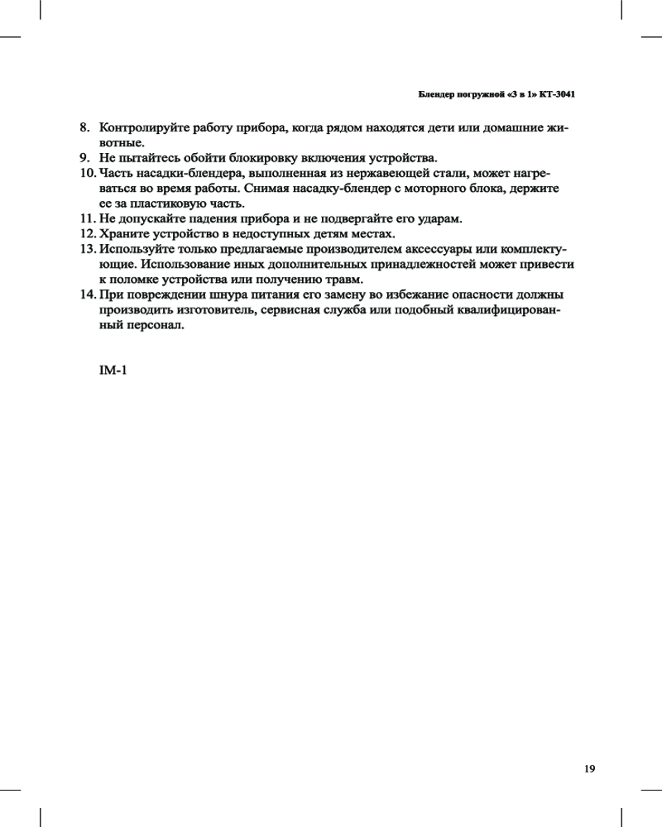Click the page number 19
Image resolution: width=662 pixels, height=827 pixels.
point(589,768)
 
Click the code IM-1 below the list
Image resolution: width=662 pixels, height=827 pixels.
point(113,370)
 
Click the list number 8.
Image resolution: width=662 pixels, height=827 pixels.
point(84,128)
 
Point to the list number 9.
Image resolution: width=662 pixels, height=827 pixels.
point(84,158)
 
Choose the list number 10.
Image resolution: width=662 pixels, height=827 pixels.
point(87,173)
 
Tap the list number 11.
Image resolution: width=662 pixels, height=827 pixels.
point(87,218)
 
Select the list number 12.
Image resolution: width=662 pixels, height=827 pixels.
point(87,233)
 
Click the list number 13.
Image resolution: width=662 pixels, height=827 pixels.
point(87,249)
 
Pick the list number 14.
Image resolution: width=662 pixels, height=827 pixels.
point(87,294)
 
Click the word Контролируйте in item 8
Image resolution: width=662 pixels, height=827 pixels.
point(141,128)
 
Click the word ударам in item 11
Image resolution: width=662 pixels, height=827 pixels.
point(441,218)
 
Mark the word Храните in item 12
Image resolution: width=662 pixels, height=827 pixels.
point(122,233)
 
